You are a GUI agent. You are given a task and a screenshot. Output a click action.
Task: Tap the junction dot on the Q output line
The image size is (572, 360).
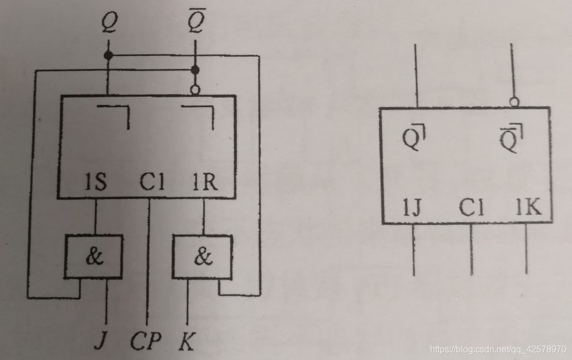[108, 55]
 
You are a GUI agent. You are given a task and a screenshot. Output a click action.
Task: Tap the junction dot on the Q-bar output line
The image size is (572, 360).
[194, 70]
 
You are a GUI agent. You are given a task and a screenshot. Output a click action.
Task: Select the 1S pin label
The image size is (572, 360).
[96, 183]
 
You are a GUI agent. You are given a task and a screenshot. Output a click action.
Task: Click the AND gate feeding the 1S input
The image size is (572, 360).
[94, 257]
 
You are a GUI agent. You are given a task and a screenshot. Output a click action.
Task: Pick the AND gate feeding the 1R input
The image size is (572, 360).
[202, 257]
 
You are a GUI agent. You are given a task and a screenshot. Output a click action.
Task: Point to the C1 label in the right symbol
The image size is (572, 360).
[472, 208]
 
